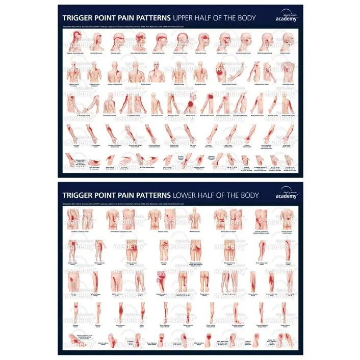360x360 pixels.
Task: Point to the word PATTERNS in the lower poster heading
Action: [148, 195]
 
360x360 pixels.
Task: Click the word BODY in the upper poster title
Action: [245, 18]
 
